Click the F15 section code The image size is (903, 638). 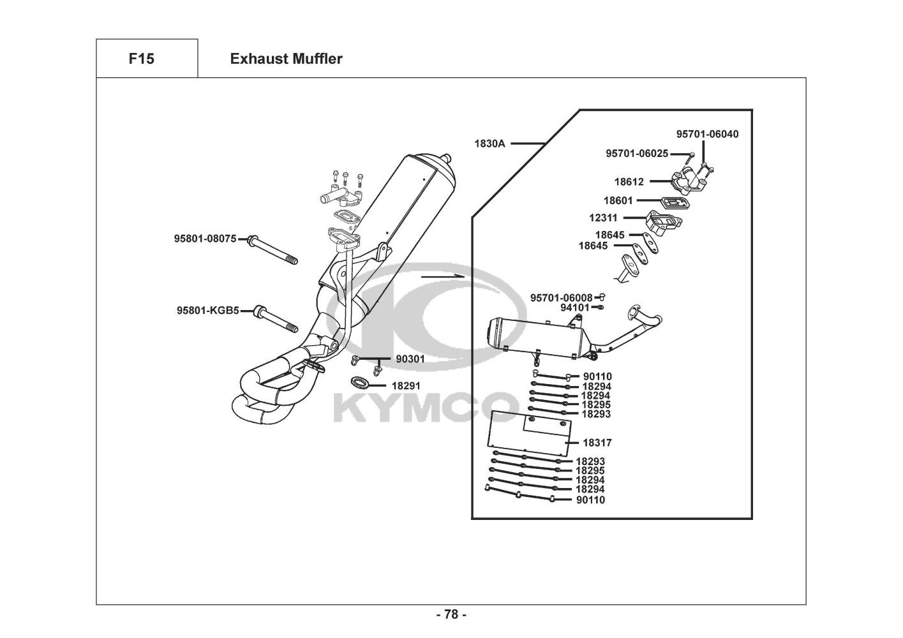pos(141,59)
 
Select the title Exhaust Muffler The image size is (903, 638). pos(286,59)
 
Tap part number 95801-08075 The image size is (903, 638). pos(205,239)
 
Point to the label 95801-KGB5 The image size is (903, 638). pos(207,311)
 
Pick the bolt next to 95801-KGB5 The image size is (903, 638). pos(276,320)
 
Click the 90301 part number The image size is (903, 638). pos(410,359)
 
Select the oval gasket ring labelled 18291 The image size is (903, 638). pos(360,383)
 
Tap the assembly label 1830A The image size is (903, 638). pos(489,144)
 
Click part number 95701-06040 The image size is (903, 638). pos(707,134)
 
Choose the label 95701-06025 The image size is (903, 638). pos(637,153)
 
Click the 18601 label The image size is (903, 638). pos(618,200)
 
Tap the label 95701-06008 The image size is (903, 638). pos(562,297)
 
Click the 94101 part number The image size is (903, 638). pos(575,308)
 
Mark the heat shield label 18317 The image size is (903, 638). pos(597,442)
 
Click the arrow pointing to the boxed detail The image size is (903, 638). pos(441,276)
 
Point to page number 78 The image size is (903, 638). pos(451,614)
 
